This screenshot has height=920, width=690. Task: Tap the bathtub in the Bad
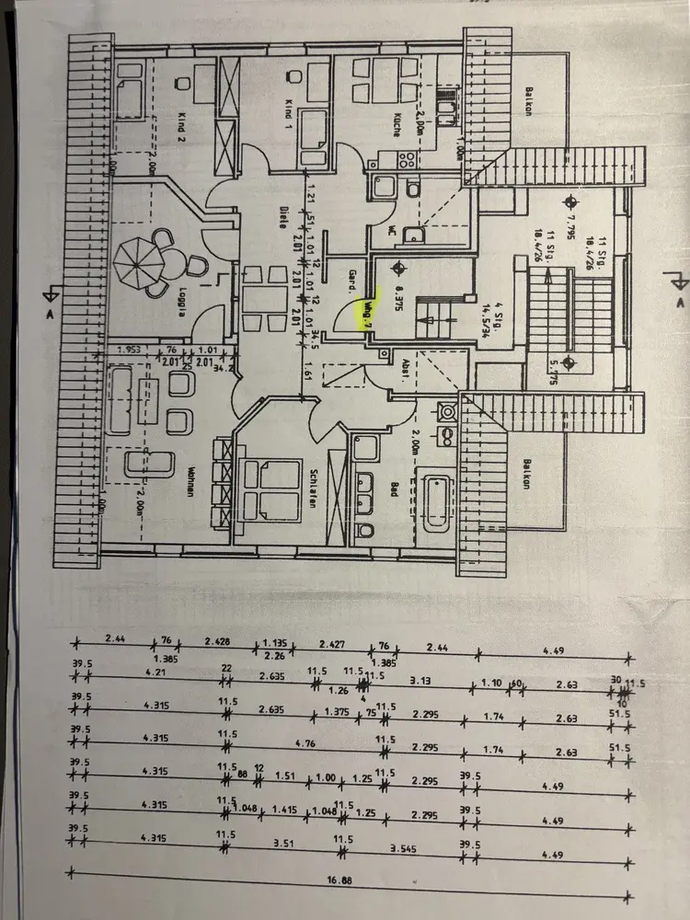[x=436, y=502]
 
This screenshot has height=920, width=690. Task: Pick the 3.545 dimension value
[x=406, y=843]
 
